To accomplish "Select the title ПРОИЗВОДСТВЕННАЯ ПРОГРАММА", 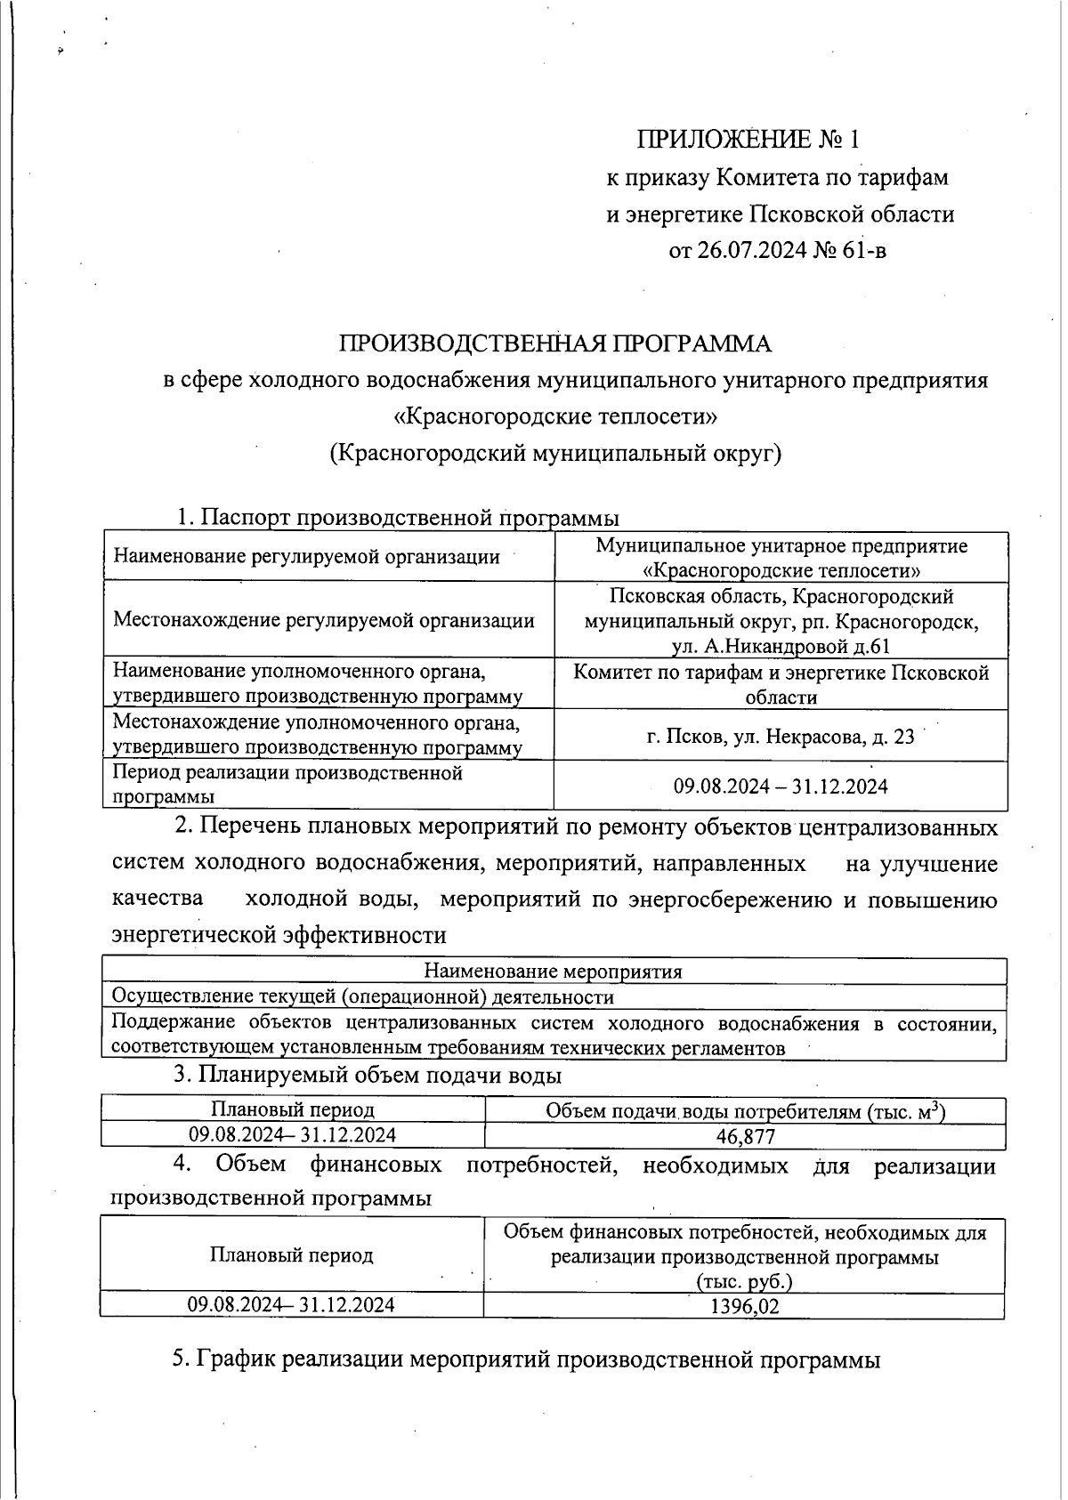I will point(554,343).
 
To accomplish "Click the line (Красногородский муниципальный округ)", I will point(554,454).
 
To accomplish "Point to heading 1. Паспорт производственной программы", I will point(397,517).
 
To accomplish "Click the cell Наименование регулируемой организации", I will point(306,558).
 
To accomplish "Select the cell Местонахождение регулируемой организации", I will point(324,620).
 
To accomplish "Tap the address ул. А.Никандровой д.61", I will point(781,647).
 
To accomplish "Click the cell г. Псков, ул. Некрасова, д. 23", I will point(781,737).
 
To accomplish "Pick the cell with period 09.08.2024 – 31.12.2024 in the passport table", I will point(781,786).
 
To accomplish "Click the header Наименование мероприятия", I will point(553,972).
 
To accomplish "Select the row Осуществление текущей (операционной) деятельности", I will point(363,997).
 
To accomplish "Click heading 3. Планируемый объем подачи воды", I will point(367,1075).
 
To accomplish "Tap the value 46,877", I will point(745,1136).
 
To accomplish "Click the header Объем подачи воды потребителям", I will point(745,1110).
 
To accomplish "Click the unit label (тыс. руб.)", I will point(744,1281).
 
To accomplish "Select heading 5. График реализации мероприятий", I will point(526,1359).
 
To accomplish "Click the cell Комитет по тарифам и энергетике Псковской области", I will point(781,684).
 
